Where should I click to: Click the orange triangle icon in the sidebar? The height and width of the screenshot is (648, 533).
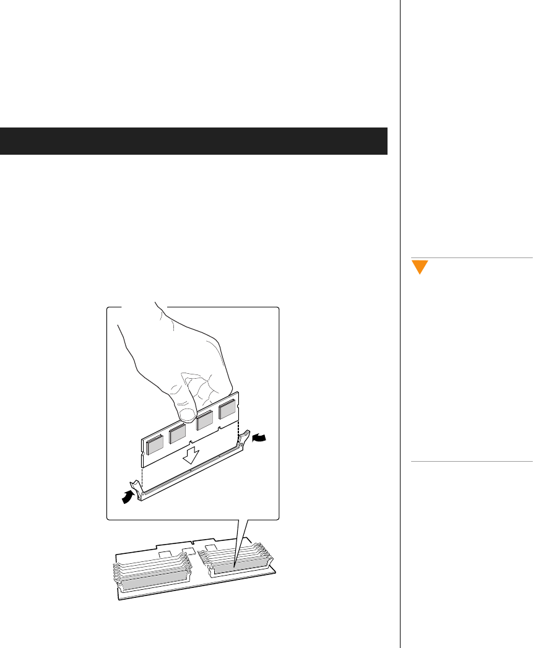point(420,267)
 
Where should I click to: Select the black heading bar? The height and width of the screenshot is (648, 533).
point(194,141)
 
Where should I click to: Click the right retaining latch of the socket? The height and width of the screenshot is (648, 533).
point(245,438)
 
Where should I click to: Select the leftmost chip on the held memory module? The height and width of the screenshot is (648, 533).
point(155,442)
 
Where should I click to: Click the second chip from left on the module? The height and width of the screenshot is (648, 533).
point(178,434)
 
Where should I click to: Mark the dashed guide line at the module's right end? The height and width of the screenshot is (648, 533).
point(238,427)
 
